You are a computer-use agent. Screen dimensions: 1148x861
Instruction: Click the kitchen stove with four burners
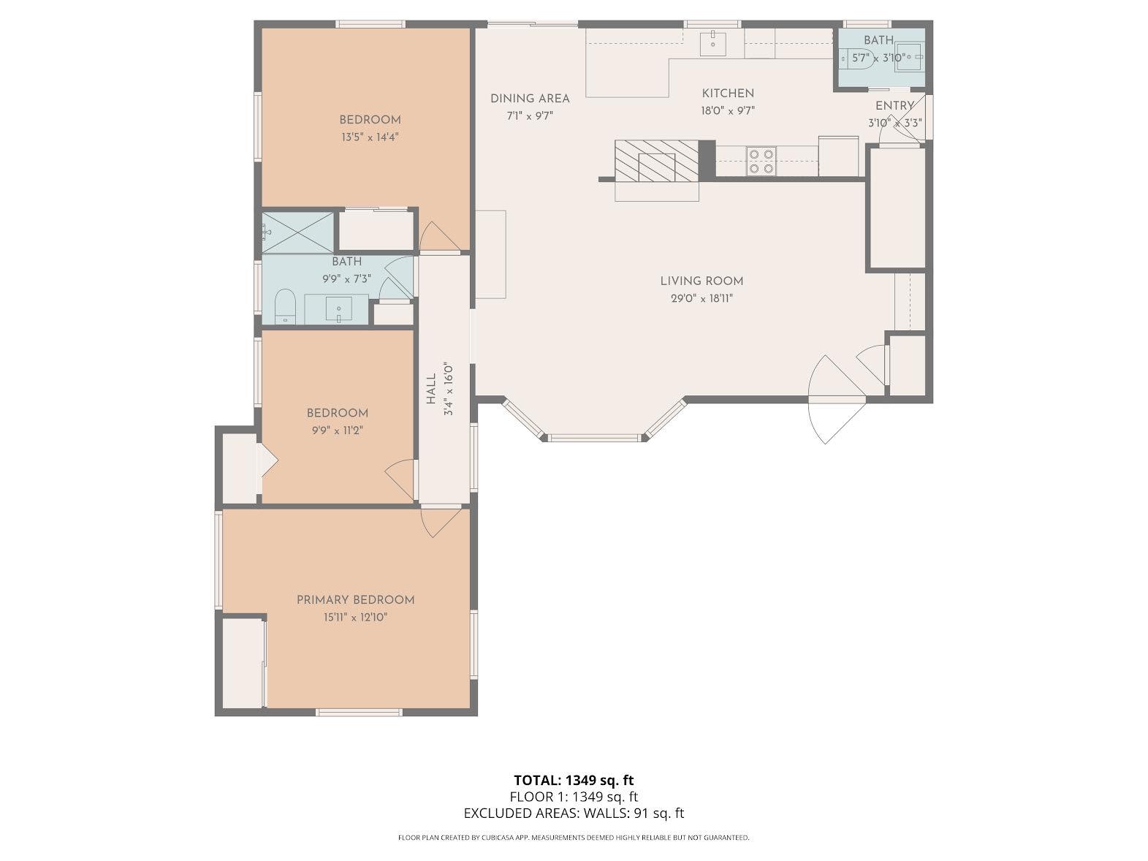(761, 161)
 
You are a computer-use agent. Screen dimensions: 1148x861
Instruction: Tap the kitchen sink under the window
(713, 43)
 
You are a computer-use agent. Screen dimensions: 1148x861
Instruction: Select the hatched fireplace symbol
(656, 160)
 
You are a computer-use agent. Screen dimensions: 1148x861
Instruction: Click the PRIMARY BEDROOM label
(356, 600)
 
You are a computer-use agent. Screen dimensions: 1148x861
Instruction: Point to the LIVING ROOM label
(702, 281)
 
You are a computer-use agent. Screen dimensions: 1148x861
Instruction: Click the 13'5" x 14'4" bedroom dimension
(370, 137)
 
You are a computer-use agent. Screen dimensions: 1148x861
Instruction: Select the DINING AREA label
(530, 99)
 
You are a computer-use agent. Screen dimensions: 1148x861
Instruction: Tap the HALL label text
(431, 389)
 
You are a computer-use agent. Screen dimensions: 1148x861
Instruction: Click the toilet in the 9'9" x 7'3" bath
(285, 306)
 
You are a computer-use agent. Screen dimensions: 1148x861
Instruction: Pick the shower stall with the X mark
(297, 232)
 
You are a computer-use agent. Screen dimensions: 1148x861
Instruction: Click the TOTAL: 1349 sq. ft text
(574, 781)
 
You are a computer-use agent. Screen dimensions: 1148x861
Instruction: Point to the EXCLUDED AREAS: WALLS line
(574, 813)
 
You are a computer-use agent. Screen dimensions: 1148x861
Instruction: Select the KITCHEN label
(728, 94)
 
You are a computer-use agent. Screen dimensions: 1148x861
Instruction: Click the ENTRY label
(895, 106)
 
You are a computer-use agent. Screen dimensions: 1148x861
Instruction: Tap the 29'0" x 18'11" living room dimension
(702, 299)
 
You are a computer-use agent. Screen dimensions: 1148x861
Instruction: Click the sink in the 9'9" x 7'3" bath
(338, 308)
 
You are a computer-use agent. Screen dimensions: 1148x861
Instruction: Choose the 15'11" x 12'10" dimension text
(356, 617)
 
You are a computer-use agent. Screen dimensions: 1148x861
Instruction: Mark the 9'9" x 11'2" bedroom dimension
(338, 430)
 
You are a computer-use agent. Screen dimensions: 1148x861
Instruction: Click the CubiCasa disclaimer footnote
(574, 838)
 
